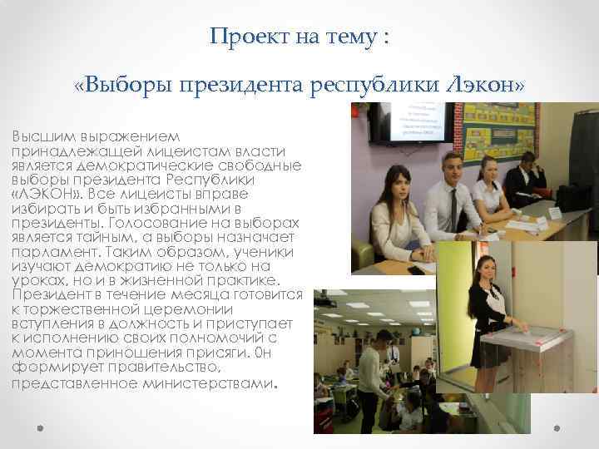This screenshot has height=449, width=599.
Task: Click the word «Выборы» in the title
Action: coord(116,86)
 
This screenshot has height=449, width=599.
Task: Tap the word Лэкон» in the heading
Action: coord(485,86)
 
